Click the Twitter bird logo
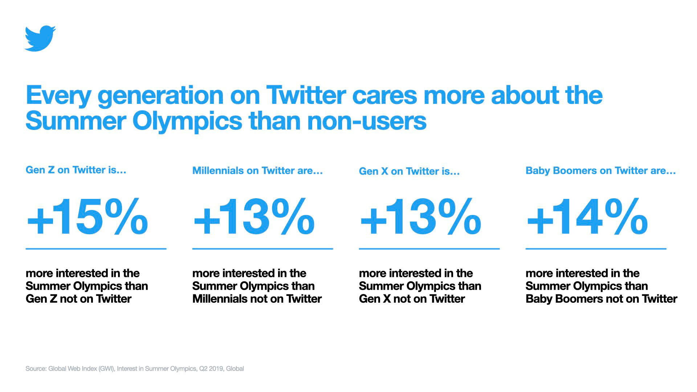click(x=40, y=38)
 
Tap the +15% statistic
click(x=87, y=217)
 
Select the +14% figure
click(x=587, y=217)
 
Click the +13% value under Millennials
click(x=254, y=217)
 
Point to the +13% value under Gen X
click(x=420, y=217)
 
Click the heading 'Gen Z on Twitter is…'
click(x=76, y=170)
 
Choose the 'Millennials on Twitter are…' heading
click(x=257, y=171)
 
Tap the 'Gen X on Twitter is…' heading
click(x=409, y=171)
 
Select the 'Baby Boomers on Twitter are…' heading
click(x=600, y=171)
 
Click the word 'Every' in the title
click(x=58, y=95)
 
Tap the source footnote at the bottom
click(x=135, y=369)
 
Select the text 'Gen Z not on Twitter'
click(x=78, y=299)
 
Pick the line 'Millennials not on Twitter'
click(x=257, y=299)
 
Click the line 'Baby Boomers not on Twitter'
click(x=601, y=299)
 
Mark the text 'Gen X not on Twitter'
click(x=412, y=299)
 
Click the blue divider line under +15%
click(x=96, y=249)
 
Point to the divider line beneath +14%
click(x=596, y=249)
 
